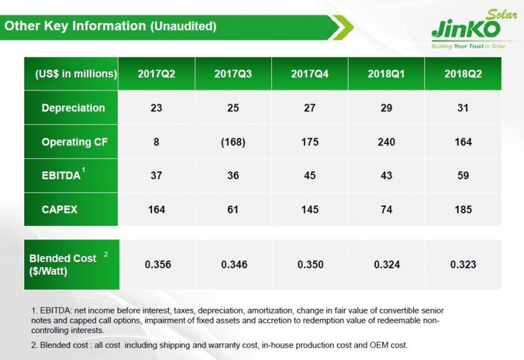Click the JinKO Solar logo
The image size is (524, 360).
click(466, 28)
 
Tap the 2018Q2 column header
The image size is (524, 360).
click(463, 74)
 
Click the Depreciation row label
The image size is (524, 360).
click(73, 108)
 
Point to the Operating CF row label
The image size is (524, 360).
click(73, 142)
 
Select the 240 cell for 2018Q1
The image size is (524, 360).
click(386, 142)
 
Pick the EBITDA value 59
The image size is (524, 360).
click(463, 175)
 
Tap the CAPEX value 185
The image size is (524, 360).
click(463, 209)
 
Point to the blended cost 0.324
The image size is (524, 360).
click(386, 264)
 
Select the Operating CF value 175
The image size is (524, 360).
click(309, 142)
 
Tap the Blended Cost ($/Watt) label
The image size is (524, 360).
click(64, 264)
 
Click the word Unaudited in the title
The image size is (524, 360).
click(183, 27)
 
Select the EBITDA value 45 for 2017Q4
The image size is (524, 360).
click(309, 175)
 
